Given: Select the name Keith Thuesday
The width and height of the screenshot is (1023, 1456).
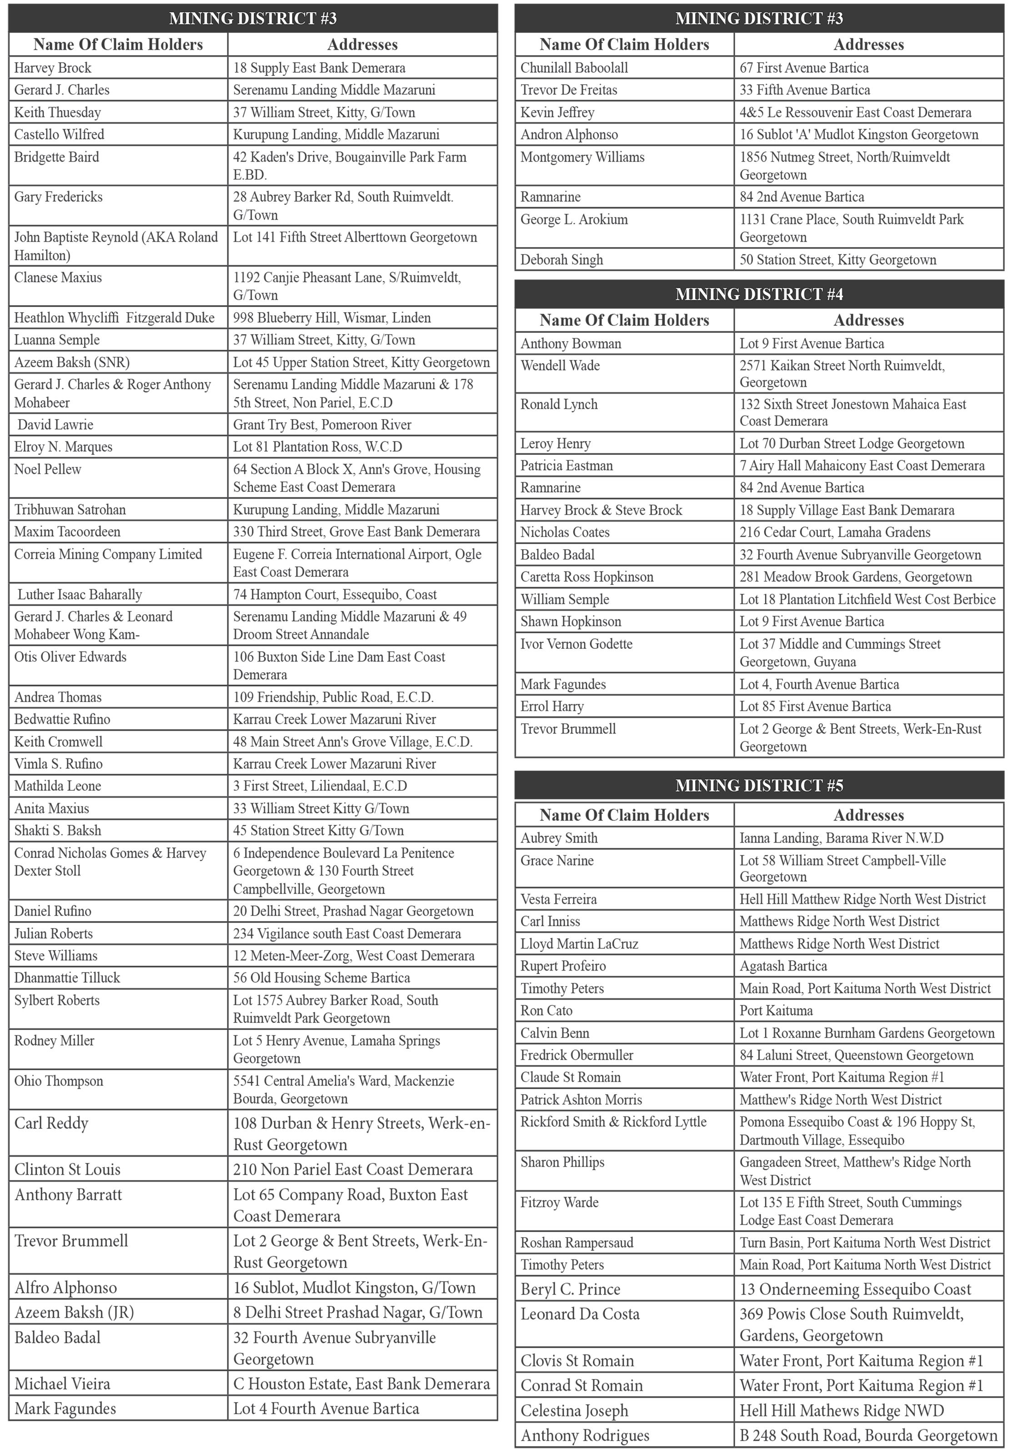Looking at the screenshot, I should click(x=58, y=113).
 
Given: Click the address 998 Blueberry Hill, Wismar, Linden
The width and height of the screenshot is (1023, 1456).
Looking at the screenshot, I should click(x=331, y=318).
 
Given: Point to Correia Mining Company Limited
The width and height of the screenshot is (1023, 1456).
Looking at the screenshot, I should click(x=108, y=554).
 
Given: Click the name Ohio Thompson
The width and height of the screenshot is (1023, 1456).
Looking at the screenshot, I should click(x=59, y=1081).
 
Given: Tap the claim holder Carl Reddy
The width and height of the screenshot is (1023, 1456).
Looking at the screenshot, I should click(x=51, y=1123).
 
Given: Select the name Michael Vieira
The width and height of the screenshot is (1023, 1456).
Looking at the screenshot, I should click(x=62, y=1384).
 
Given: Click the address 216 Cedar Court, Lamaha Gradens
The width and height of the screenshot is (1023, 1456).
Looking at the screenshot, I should click(x=835, y=532).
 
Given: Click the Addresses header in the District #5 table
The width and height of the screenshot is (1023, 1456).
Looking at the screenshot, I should click(x=868, y=815).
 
